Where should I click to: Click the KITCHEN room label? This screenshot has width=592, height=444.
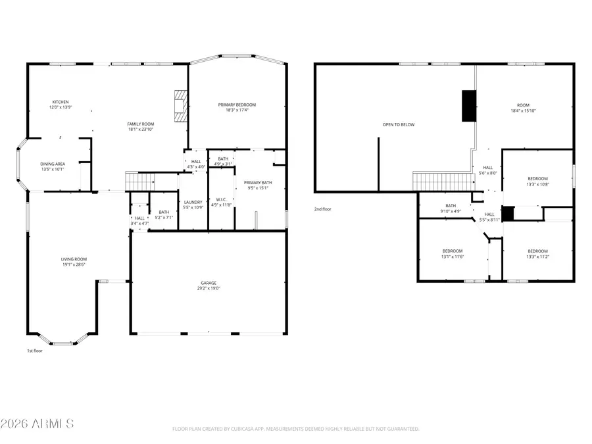[61, 102]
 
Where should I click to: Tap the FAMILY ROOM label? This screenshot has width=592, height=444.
[140, 124]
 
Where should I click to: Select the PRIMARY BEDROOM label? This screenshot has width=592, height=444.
[237, 105]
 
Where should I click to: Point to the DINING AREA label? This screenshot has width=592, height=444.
[53, 164]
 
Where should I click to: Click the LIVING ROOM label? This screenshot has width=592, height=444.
[74, 259]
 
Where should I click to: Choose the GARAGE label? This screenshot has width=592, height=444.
[209, 283]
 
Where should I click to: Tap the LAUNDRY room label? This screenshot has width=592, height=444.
[193, 202]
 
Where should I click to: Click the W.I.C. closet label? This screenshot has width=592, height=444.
[221, 199]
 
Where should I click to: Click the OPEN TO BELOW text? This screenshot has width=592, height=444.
[399, 124]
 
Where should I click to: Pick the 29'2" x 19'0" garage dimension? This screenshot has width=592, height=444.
[209, 288]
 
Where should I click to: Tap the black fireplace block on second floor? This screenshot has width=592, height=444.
[469, 106]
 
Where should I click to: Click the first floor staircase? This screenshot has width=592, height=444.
[139, 180]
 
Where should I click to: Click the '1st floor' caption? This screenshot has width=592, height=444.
[35, 351]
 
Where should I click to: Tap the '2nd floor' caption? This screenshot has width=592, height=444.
[323, 209]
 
